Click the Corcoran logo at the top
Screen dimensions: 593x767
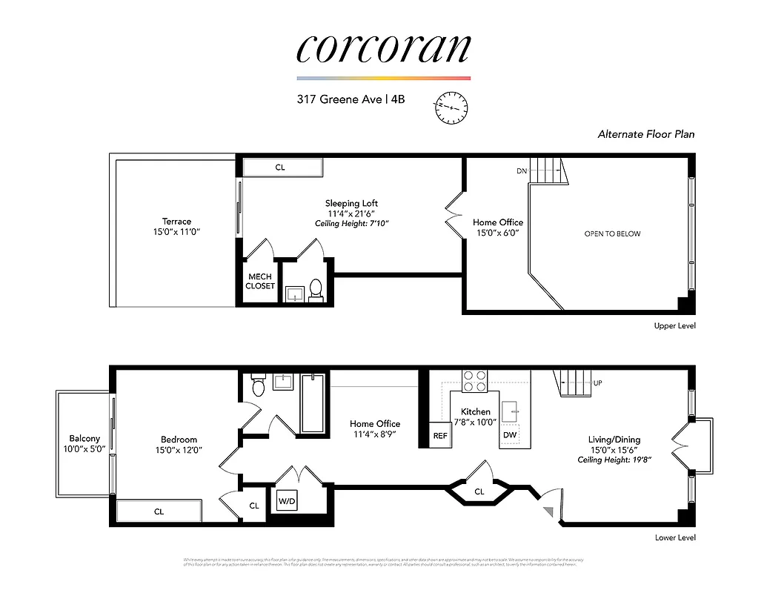click(383, 48)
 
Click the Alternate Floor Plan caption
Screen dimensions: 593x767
click(646, 134)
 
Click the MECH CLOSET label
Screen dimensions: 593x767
click(260, 281)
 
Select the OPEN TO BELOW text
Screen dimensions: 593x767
click(612, 233)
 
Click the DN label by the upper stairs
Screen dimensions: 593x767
click(522, 171)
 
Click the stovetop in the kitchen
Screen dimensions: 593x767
click(474, 380)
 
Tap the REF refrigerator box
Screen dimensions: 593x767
click(440, 436)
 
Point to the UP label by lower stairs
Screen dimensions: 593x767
click(598, 383)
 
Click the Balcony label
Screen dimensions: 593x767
click(84, 439)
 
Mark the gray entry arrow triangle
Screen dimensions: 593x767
click(548, 511)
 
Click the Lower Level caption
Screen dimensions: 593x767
click(674, 537)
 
